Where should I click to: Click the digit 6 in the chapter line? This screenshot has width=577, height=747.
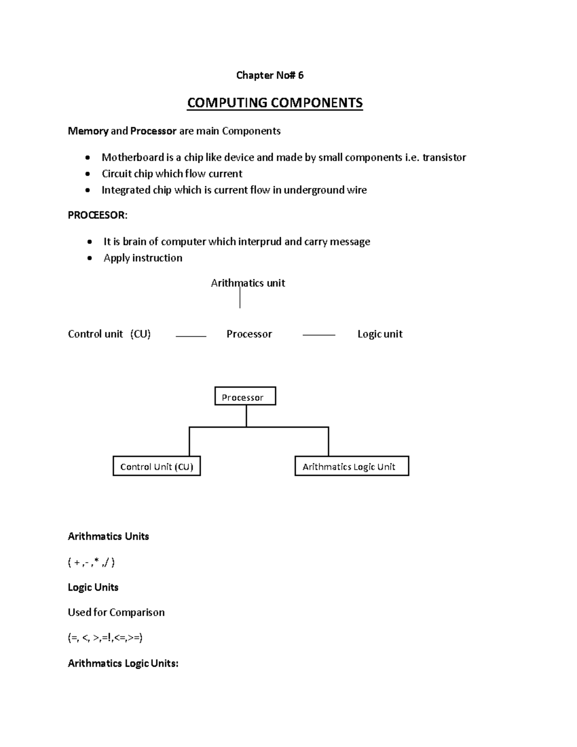(301, 76)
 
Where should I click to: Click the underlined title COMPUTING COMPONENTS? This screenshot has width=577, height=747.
(275, 103)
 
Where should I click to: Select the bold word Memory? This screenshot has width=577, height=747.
(88, 131)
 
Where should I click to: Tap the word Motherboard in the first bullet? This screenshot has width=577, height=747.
(133, 157)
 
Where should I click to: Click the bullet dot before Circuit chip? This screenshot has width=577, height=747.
(88, 174)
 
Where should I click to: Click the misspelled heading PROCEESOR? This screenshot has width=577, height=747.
(98, 215)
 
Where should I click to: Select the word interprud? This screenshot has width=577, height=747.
(260, 241)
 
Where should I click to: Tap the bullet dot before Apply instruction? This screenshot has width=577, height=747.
(89, 258)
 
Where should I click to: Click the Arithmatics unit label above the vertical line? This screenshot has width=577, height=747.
(248, 283)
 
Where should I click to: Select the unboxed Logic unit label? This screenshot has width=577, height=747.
(380, 334)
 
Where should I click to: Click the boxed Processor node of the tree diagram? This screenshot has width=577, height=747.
(245, 397)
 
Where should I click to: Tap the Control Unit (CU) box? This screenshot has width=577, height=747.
(156, 467)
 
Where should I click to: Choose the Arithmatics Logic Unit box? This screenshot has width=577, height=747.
(351, 467)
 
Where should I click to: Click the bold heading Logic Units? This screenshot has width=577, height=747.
(93, 587)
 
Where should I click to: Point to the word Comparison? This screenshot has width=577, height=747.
(137, 612)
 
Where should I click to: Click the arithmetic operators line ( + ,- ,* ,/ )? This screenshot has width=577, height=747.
(91, 562)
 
